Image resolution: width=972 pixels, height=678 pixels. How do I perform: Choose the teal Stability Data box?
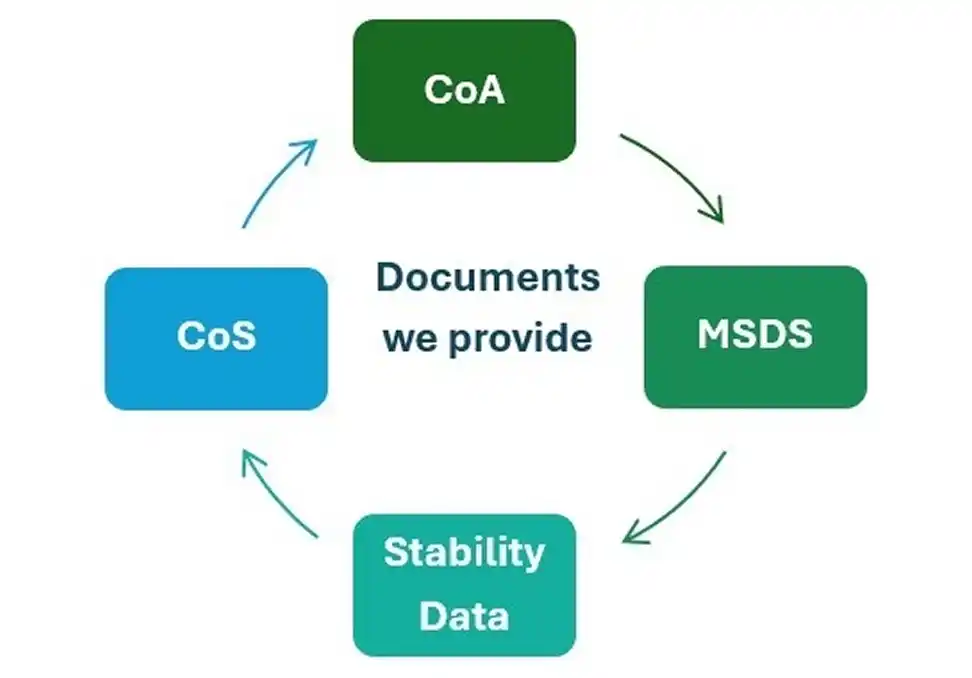[x=464, y=585]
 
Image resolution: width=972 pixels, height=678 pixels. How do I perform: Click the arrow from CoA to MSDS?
[x=676, y=172]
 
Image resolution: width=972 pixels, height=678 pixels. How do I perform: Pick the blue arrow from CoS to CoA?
[x=275, y=184]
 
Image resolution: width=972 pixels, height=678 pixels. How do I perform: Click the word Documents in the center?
[x=488, y=277]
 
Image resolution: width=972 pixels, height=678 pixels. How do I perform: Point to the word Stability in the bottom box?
[x=464, y=552]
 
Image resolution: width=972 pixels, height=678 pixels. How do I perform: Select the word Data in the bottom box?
[x=464, y=614]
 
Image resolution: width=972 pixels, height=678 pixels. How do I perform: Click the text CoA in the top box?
[x=464, y=90]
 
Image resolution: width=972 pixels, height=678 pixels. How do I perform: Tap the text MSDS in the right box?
[x=755, y=334]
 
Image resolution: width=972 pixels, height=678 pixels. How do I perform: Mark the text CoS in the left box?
[x=216, y=335]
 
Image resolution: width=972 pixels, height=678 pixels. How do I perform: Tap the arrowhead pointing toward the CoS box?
[x=250, y=459]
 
